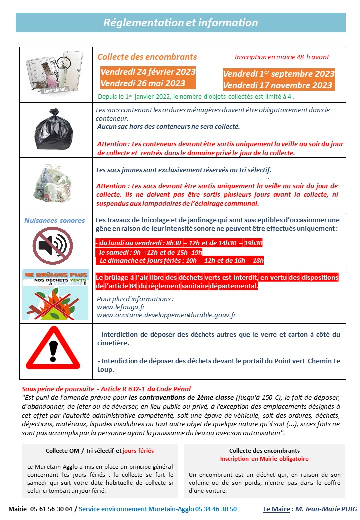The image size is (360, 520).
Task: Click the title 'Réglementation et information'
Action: (x=180, y=23)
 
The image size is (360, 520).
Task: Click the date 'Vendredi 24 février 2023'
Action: (x=148, y=72)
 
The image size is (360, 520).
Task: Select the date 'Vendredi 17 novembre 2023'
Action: (x=278, y=85)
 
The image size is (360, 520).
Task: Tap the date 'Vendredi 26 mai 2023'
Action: (x=143, y=83)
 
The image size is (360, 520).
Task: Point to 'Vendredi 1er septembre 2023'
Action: (x=278, y=74)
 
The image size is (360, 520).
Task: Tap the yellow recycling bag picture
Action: (x=56, y=185)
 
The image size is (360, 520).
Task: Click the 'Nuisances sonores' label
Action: (x=55, y=220)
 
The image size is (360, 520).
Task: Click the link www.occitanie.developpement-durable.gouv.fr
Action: (x=166, y=315)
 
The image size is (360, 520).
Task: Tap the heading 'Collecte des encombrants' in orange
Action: (x=147, y=57)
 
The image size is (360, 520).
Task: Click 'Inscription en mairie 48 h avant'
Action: (x=282, y=57)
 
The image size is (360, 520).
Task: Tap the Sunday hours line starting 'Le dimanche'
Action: (x=179, y=260)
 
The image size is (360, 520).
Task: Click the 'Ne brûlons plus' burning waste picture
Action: (x=55, y=294)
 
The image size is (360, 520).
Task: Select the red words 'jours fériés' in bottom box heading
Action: (x=138, y=451)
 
